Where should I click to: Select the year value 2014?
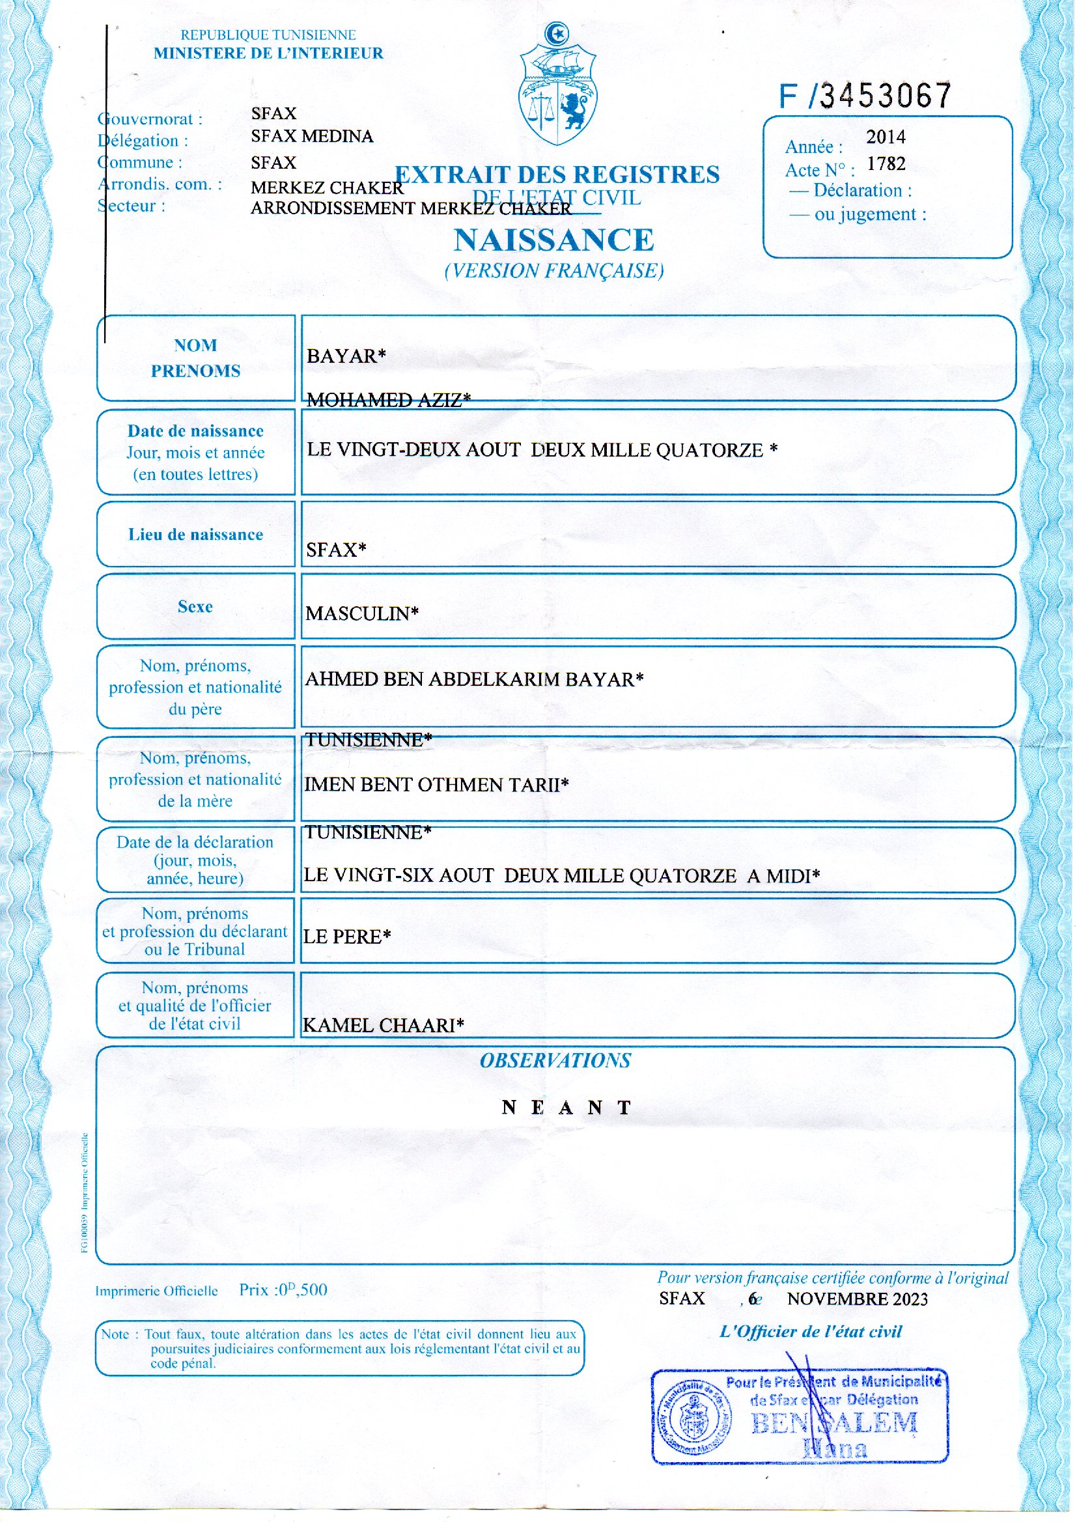coord(886,137)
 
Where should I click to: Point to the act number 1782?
coord(886,164)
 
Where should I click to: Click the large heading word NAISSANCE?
coord(553,240)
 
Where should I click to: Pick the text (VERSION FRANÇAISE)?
coord(553,271)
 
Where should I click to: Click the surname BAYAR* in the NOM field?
coord(346,356)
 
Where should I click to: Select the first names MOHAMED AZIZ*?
coord(389,400)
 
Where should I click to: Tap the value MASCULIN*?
coord(362,613)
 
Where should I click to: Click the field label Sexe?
coord(195,607)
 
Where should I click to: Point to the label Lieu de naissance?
coord(195,535)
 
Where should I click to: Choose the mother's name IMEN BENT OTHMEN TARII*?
coord(436,785)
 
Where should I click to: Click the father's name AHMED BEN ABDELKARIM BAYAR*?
coord(474,679)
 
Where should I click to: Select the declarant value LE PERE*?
coord(347,937)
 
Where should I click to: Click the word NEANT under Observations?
coord(567,1108)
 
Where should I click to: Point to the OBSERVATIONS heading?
coord(555,1060)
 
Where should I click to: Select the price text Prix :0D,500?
coord(283,1290)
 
